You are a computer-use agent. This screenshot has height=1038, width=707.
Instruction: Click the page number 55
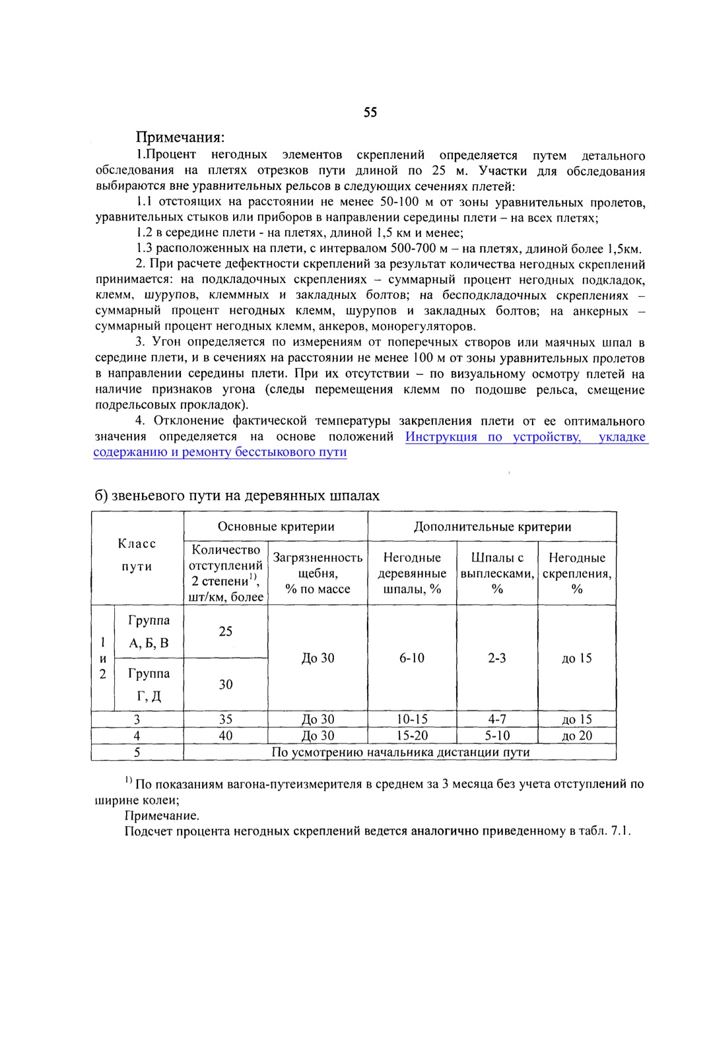[x=370, y=112]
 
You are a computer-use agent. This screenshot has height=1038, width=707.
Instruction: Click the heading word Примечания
[x=180, y=137]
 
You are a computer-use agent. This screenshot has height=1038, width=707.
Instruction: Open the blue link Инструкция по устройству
[x=492, y=437]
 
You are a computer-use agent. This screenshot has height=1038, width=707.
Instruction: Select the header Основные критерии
[x=276, y=527]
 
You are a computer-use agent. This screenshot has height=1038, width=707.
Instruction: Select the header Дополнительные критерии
[x=492, y=527]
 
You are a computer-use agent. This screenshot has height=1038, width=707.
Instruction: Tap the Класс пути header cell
[x=137, y=555]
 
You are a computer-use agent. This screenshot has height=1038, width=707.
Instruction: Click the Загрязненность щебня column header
[x=318, y=573]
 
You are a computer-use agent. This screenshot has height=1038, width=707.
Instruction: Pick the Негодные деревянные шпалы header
[x=412, y=573]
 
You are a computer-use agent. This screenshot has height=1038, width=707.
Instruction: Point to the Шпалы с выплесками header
[x=497, y=573]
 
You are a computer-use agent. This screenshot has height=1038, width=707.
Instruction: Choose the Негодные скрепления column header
[x=577, y=573]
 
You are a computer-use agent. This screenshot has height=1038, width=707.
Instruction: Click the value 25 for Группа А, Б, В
[x=226, y=632]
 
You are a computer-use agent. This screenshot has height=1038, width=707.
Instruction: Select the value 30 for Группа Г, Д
[x=226, y=684]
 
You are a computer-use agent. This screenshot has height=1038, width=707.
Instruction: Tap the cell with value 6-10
[x=412, y=658]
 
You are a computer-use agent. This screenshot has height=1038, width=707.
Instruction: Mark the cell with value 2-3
[x=497, y=658]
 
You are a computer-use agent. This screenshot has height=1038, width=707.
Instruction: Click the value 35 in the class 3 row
[x=226, y=719]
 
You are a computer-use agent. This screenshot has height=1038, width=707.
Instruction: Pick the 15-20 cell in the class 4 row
[x=412, y=736]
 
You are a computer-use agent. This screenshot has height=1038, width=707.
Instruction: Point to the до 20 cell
[x=577, y=736]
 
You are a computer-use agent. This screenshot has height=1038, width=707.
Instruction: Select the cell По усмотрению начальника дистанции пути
[x=400, y=752]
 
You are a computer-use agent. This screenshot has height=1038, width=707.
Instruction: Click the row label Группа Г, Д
[x=149, y=684]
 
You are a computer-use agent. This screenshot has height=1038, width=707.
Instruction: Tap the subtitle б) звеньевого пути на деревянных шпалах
[x=237, y=496]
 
